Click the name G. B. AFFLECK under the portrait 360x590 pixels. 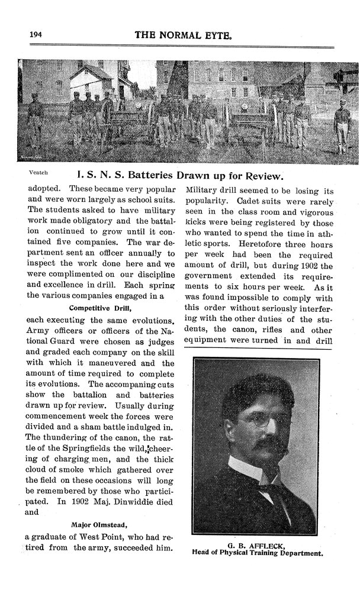(x=257, y=546)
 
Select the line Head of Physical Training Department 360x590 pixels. (x=258, y=554)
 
